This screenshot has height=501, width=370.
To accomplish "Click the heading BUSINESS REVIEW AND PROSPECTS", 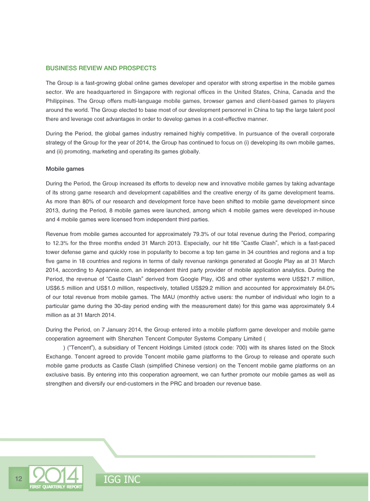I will pyautogui.click(x=101, y=68).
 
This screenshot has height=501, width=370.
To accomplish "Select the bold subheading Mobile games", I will pyautogui.click(x=65, y=169).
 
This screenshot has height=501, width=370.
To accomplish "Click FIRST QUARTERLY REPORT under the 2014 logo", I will pyautogui.click(x=56, y=487).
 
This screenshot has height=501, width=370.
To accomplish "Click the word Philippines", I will pyautogui.click(x=62, y=101).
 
